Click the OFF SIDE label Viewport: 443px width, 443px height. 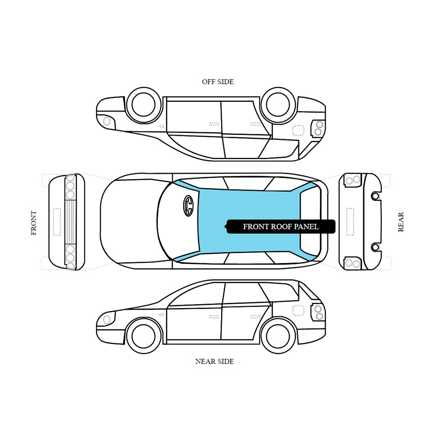218,82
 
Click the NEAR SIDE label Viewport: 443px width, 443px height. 214,361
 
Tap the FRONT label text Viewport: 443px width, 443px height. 34,223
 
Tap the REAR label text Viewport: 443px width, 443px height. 401,222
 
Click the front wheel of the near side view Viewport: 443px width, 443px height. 144,336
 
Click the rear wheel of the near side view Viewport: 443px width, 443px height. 278,336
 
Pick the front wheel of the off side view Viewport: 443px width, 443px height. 144,105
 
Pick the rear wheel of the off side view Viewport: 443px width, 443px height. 278,105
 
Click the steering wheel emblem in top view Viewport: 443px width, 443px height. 188,206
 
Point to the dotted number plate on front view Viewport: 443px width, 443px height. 57,222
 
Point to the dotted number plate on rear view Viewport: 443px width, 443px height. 350,222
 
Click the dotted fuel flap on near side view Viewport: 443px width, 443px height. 298,311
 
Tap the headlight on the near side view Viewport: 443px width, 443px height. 107,320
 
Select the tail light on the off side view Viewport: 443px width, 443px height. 318,128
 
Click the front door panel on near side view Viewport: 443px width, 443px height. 194,323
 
